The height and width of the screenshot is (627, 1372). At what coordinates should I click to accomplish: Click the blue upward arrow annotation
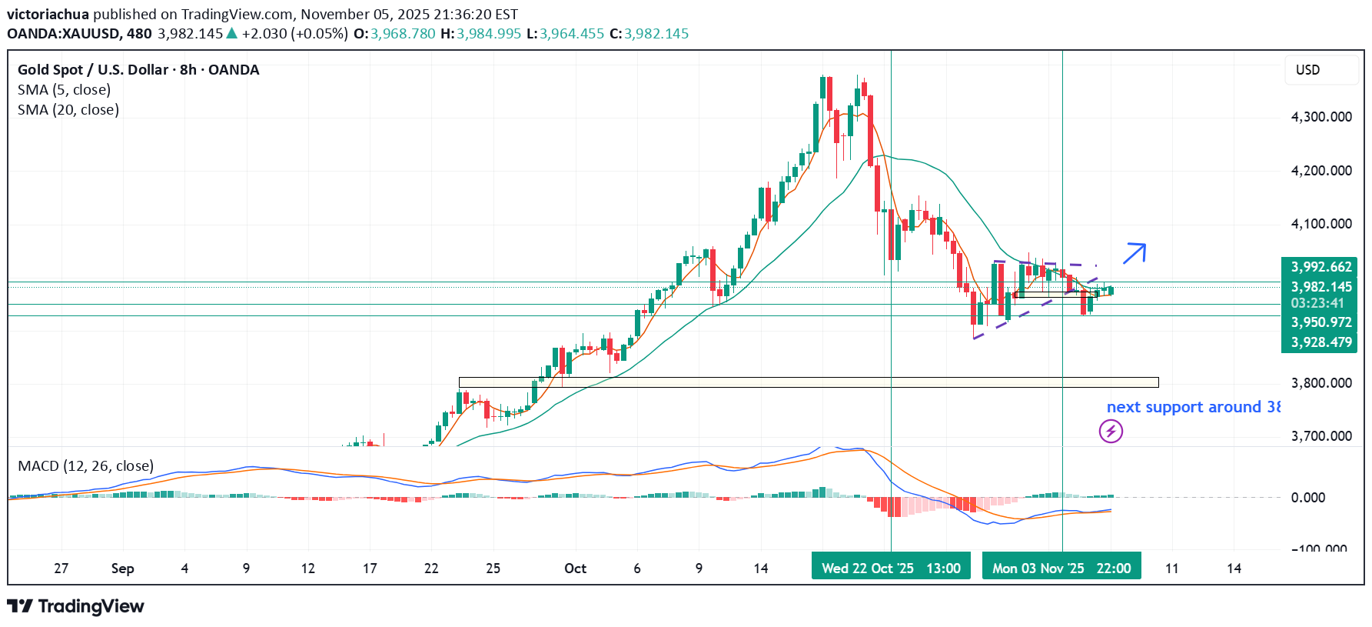pos(1134,253)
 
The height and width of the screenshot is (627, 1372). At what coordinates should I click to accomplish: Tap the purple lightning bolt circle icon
pos(1111,431)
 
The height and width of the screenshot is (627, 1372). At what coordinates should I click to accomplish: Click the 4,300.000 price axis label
pos(1321,117)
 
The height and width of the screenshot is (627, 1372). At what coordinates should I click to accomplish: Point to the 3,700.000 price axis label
pos(1321,436)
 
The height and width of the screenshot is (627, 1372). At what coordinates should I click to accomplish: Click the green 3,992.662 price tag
pos(1321,267)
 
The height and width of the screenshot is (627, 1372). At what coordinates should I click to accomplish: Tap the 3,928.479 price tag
pos(1321,342)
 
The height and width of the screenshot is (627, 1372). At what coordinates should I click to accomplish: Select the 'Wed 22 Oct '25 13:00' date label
pos(891,568)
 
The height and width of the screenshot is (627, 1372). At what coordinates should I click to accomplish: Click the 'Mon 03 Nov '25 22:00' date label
pos(1061,568)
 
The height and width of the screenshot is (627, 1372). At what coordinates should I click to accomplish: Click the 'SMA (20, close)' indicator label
pos(68,110)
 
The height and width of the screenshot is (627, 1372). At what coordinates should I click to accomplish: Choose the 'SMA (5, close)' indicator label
pos(64,90)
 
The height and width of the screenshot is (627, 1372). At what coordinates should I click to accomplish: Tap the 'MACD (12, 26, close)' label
pos(85,466)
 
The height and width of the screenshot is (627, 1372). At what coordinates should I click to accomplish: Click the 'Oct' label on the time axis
pos(575,569)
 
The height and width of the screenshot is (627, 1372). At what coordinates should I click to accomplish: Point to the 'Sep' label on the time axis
pos(122,569)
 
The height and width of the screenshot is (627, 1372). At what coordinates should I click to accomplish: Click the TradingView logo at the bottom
pos(76,606)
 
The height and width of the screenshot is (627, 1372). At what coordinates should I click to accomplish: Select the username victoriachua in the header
pos(48,15)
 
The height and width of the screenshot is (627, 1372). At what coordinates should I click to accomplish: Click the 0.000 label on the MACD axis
pos(1308,498)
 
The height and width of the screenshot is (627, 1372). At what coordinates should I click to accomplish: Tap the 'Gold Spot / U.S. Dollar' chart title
pos(93,70)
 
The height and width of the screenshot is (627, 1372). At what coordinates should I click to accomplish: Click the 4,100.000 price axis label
pos(1321,224)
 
